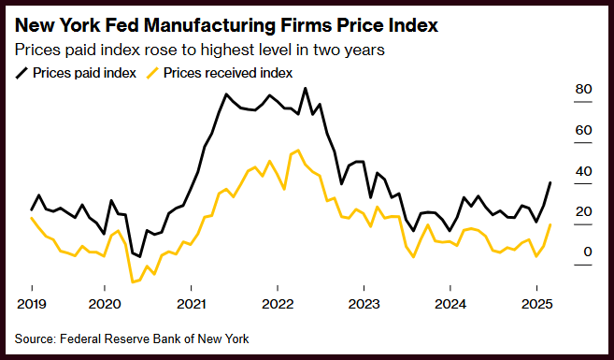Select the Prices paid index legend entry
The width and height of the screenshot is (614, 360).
[x=76, y=73]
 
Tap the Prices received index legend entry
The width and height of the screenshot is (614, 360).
[x=220, y=73]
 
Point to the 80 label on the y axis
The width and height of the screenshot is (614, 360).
[x=583, y=90]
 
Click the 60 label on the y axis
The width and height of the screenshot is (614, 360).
[x=583, y=130]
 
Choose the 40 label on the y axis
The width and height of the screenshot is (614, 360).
[x=583, y=171]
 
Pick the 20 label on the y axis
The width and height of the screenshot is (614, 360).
[x=583, y=211]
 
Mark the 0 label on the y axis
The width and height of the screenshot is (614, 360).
[x=588, y=252]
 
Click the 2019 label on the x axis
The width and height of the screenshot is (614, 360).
[x=32, y=304]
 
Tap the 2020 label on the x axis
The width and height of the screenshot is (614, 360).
[x=105, y=304]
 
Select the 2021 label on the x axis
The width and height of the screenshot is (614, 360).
[x=191, y=304]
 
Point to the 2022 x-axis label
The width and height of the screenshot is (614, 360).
[x=278, y=304]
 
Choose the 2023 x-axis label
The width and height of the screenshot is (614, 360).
[x=364, y=304]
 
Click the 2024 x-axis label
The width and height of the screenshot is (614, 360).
[x=450, y=304]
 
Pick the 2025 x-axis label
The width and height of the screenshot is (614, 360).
[x=536, y=304]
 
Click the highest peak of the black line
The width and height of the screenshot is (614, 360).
[x=306, y=89]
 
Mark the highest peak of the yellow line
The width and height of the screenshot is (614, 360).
[x=298, y=151]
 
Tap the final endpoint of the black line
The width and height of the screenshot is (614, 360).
[x=550, y=182]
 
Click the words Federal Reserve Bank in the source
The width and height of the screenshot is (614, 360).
[x=127, y=338]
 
